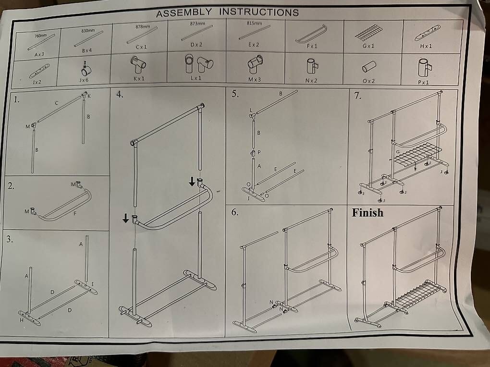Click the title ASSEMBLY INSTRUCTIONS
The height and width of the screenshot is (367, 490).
(x=227, y=12)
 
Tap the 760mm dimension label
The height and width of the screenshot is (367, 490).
(x=41, y=36)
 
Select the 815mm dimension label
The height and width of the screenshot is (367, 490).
(x=255, y=24)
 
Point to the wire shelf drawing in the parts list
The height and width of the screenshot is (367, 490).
(x=369, y=32)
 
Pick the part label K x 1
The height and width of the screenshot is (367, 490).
(x=139, y=78)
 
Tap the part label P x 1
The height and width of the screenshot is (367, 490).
(x=423, y=83)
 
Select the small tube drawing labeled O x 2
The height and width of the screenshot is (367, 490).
(x=369, y=66)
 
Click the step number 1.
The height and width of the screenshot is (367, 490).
(x=16, y=100)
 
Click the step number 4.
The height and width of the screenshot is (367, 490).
(x=120, y=95)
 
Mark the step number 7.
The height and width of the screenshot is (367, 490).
(x=357, y=95)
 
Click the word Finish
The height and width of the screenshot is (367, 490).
(x=367, y=213)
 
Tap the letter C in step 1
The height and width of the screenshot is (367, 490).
(x=57, y=103)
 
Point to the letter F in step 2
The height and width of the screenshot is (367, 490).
(x=75, y=213)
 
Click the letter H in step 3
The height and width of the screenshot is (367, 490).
(x=22, y=320)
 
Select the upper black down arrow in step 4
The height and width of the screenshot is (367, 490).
(x=192, y=181)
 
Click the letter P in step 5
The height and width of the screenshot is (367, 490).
(x=259, y=152)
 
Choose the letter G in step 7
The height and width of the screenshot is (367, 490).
(x=398, y=152)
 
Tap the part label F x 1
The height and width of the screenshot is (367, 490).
(x=312, y=46)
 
